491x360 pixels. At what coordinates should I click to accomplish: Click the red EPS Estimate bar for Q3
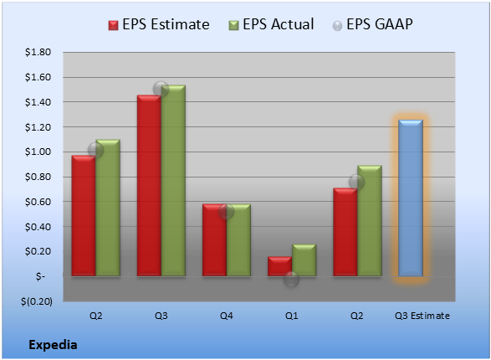click(149, 186)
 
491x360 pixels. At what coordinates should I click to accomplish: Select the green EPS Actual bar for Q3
click(173, 181)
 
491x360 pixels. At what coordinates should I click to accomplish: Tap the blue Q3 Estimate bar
click(411, 198)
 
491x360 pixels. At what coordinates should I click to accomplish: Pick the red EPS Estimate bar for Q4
click(214, 240)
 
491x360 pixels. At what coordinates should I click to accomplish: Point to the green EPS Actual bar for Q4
click(238, 240)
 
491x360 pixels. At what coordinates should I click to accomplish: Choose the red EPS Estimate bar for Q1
click(280, 266)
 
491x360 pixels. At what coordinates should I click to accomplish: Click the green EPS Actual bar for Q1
click(304, 260)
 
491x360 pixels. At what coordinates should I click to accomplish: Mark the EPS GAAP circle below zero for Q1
click(292, 279)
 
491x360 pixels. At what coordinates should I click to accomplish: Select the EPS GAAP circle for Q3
click(161, 89)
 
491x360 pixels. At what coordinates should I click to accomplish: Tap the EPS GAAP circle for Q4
click(226, 212)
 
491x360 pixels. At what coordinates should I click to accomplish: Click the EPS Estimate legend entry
click(159, 24)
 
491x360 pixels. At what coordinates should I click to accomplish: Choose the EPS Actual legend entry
click(272, 24)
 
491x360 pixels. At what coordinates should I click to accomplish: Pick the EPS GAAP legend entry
click(372, 24)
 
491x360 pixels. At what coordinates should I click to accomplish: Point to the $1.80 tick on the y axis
click(38, 52)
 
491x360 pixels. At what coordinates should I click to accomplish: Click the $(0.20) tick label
click(37, 301)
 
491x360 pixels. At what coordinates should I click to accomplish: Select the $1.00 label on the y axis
click(38, 152)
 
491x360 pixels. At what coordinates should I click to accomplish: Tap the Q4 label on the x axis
click(227, 316)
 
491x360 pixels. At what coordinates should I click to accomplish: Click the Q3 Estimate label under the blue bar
click(422, 316)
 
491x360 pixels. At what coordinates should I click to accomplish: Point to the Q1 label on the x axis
click(292, 316)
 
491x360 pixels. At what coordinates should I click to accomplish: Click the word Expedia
click(53, 345)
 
